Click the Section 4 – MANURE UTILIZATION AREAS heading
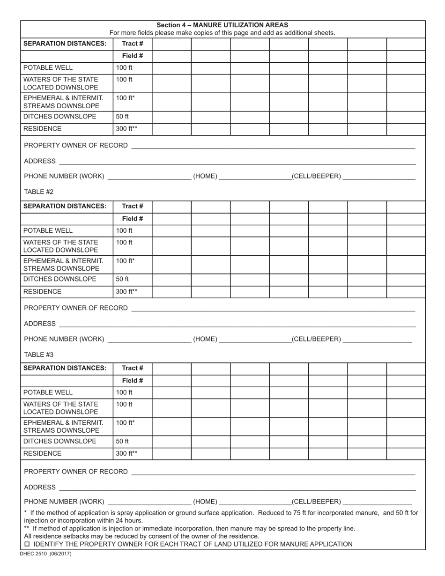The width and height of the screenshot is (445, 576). [222, 25]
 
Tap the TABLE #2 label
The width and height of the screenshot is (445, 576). [39, 192]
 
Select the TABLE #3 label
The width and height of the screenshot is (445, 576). [39, 354]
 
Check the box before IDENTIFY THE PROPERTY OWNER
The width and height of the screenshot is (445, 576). [27, 544]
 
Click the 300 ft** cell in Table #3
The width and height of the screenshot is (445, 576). [126, 453]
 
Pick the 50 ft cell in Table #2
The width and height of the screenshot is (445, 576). [122, 279]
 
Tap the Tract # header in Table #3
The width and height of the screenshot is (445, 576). [133, 368]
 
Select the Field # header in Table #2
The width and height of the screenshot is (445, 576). [133, 219]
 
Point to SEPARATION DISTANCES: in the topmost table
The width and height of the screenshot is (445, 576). [65, 44]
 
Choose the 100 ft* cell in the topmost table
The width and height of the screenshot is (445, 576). [125, 98]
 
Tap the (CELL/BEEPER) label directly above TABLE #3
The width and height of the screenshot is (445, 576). [316, 339]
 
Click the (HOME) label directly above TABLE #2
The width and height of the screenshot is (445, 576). [205, 176]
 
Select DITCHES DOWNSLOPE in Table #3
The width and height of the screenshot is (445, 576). [60, 441]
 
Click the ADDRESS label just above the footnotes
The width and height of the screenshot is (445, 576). [40, 487]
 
